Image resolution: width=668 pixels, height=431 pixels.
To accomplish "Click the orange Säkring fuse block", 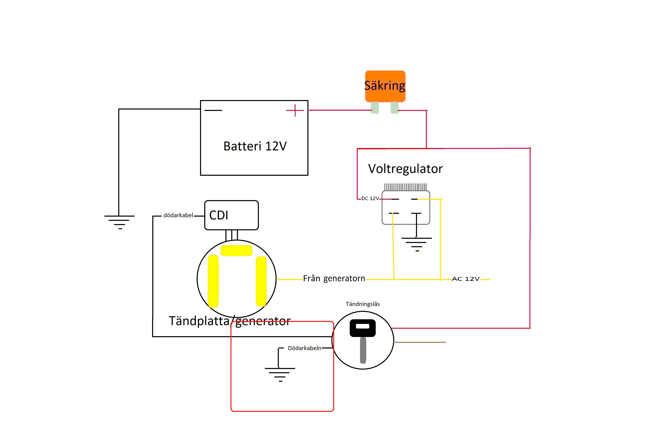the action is pos(385,86).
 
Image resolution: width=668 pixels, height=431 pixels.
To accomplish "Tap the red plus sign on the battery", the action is pos(295,110).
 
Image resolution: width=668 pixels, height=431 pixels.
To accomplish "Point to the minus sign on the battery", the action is pos(213,110).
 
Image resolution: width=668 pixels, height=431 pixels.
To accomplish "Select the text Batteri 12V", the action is pos(255,146).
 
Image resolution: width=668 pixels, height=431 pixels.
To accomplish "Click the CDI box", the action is pos(231,215).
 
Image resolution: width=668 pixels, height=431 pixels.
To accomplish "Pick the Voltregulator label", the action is pos(405,169).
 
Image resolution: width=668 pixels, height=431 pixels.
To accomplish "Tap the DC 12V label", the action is pos(370,198).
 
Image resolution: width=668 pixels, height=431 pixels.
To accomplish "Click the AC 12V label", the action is pos(466,279).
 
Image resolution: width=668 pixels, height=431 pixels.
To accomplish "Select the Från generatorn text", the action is pos(334,278).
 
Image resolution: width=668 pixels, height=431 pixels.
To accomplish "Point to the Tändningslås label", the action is pos(363,304).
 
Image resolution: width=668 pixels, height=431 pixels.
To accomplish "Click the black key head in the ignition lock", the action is pos(363,328).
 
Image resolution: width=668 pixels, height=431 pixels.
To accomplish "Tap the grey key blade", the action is pos(363,350).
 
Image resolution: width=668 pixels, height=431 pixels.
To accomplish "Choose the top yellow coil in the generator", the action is pos(236,250).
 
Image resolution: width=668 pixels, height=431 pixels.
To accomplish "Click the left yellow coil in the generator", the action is pos(213,281).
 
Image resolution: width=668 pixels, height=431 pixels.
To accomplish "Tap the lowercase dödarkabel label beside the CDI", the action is pos(178,215).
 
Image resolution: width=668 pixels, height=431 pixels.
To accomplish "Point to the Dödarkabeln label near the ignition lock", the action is pos(304,348).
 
